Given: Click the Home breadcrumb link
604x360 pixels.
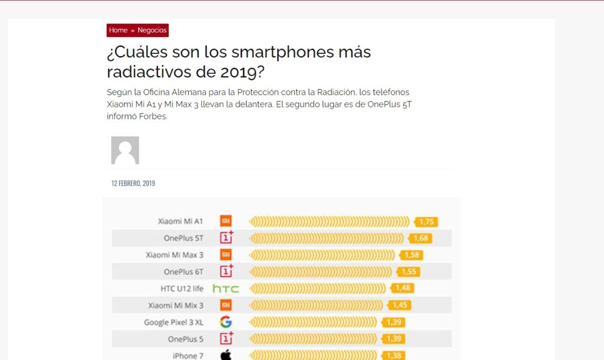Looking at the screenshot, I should coord(118,30).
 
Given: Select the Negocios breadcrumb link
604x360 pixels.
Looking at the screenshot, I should coord(152,30).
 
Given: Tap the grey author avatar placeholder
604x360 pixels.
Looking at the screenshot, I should coord(125,150).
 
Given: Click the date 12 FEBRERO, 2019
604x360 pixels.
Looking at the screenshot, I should coord(133,184).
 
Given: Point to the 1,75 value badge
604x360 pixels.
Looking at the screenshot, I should coord(426,222).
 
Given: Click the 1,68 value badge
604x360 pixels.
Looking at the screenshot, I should coord(421,238).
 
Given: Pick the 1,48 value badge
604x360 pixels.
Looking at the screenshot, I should coord(403,289).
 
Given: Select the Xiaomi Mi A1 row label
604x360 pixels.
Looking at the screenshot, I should coord(180,221).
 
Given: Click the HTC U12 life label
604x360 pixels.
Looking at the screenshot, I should coord(182,289).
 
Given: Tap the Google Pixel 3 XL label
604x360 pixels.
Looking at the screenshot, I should coord(173,322).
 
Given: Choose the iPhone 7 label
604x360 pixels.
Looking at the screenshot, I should coord(185,356).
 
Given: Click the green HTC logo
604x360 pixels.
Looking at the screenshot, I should coord(225,289).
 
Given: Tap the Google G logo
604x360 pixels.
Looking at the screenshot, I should coord(225,322).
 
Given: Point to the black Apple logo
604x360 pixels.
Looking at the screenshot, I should coord(225,355).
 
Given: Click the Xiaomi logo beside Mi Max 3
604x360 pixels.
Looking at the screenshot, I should coord(225,255).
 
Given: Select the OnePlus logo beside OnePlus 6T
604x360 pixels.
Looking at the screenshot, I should coord(226,271).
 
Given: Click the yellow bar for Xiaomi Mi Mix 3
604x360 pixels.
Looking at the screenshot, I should coord(316,306).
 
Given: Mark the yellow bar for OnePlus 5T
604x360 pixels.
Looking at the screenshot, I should coord(326,238).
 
